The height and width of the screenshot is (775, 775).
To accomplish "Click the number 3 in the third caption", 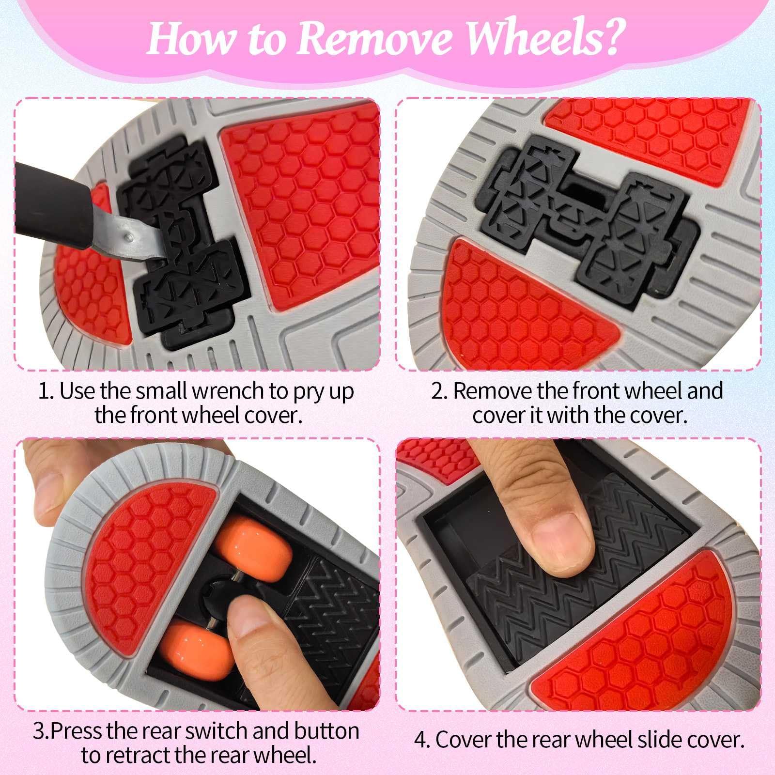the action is (38, 731).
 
